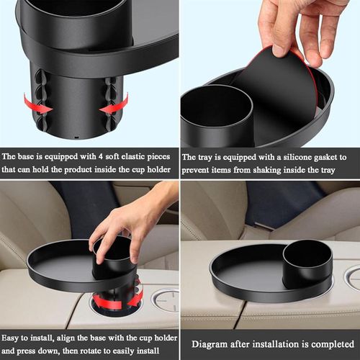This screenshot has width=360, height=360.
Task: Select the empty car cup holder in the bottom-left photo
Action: pyautogui.click(x=165, y=300)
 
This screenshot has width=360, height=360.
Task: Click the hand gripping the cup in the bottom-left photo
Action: pyautogui.click(x=137, y=216)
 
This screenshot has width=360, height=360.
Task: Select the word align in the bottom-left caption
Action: pyautogui.click(x=73, y=335)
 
